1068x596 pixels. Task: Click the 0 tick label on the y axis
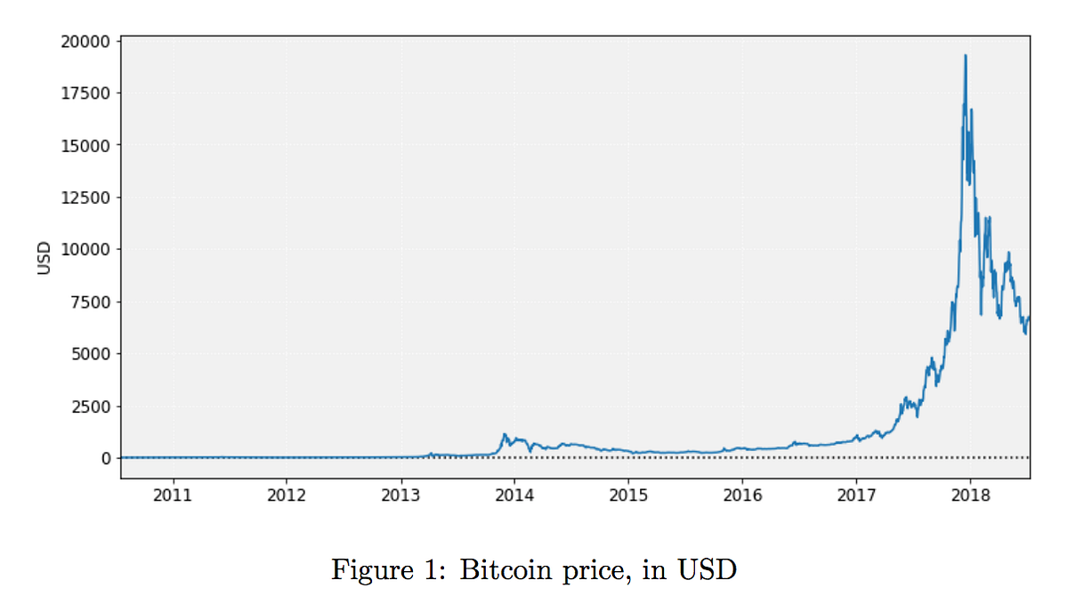click(x=106, y=458)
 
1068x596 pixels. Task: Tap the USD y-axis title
click(x=44, y=258)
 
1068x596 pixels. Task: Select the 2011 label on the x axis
click(x=172, y=495)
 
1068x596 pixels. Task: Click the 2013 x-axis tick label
click(x=400, y=495)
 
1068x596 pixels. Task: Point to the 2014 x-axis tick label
click(x=514, y=495)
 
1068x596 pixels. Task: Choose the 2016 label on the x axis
click(x=742, y=495)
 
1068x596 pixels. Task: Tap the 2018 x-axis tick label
click(x=971, y=495)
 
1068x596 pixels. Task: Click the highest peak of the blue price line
click(x=965, y=56)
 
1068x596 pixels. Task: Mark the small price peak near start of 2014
click(x=505, y=435)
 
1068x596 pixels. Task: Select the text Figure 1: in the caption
click(x=388, y=569)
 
